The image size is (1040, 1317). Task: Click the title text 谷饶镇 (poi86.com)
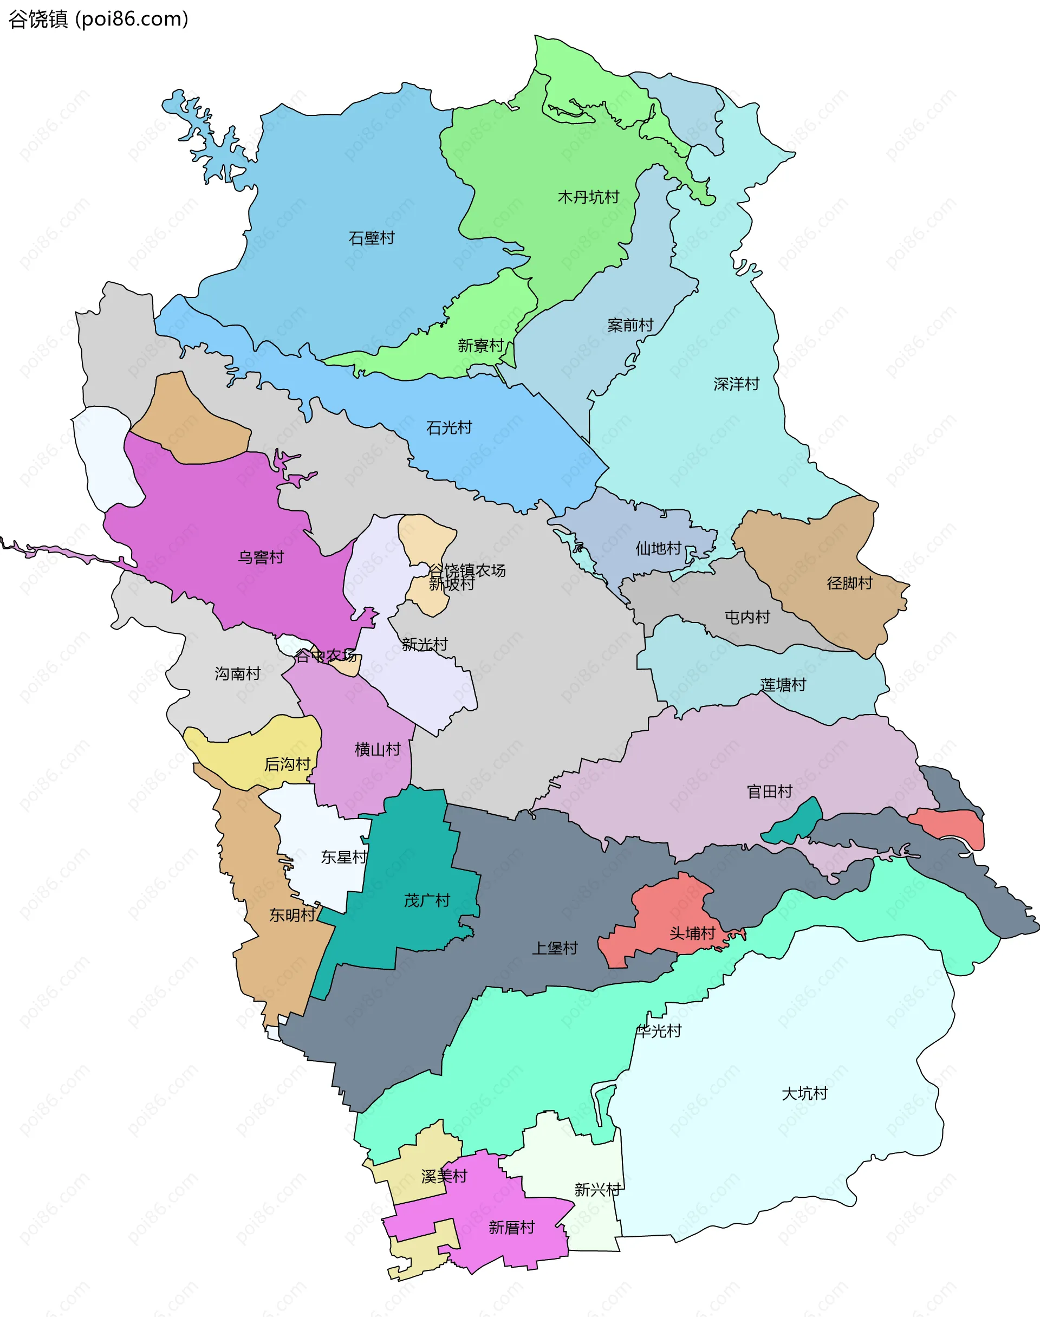(x=98, y=20)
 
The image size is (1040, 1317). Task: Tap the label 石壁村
(x=372, y=238)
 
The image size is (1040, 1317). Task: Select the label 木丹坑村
(x=588, y=197)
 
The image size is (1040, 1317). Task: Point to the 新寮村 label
(x=480, y=346)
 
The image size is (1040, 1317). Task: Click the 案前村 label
(x=630, y=325)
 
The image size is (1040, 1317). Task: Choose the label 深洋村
(x=737, y=384)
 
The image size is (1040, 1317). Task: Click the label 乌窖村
(x=261, y=557)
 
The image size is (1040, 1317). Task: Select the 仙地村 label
(x=658, y=549)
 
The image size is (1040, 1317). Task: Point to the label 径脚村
(x=849, y=583)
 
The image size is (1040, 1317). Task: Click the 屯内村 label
(x=747, y=618)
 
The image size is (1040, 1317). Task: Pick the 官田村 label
(x=770, y=792)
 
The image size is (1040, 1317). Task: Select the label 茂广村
(x=427, y=900)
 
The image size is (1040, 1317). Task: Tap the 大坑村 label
(x=804, y=1094)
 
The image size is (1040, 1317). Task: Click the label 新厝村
(x=511, y=1228)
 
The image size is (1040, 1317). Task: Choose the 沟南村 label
(x=237, y=673)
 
